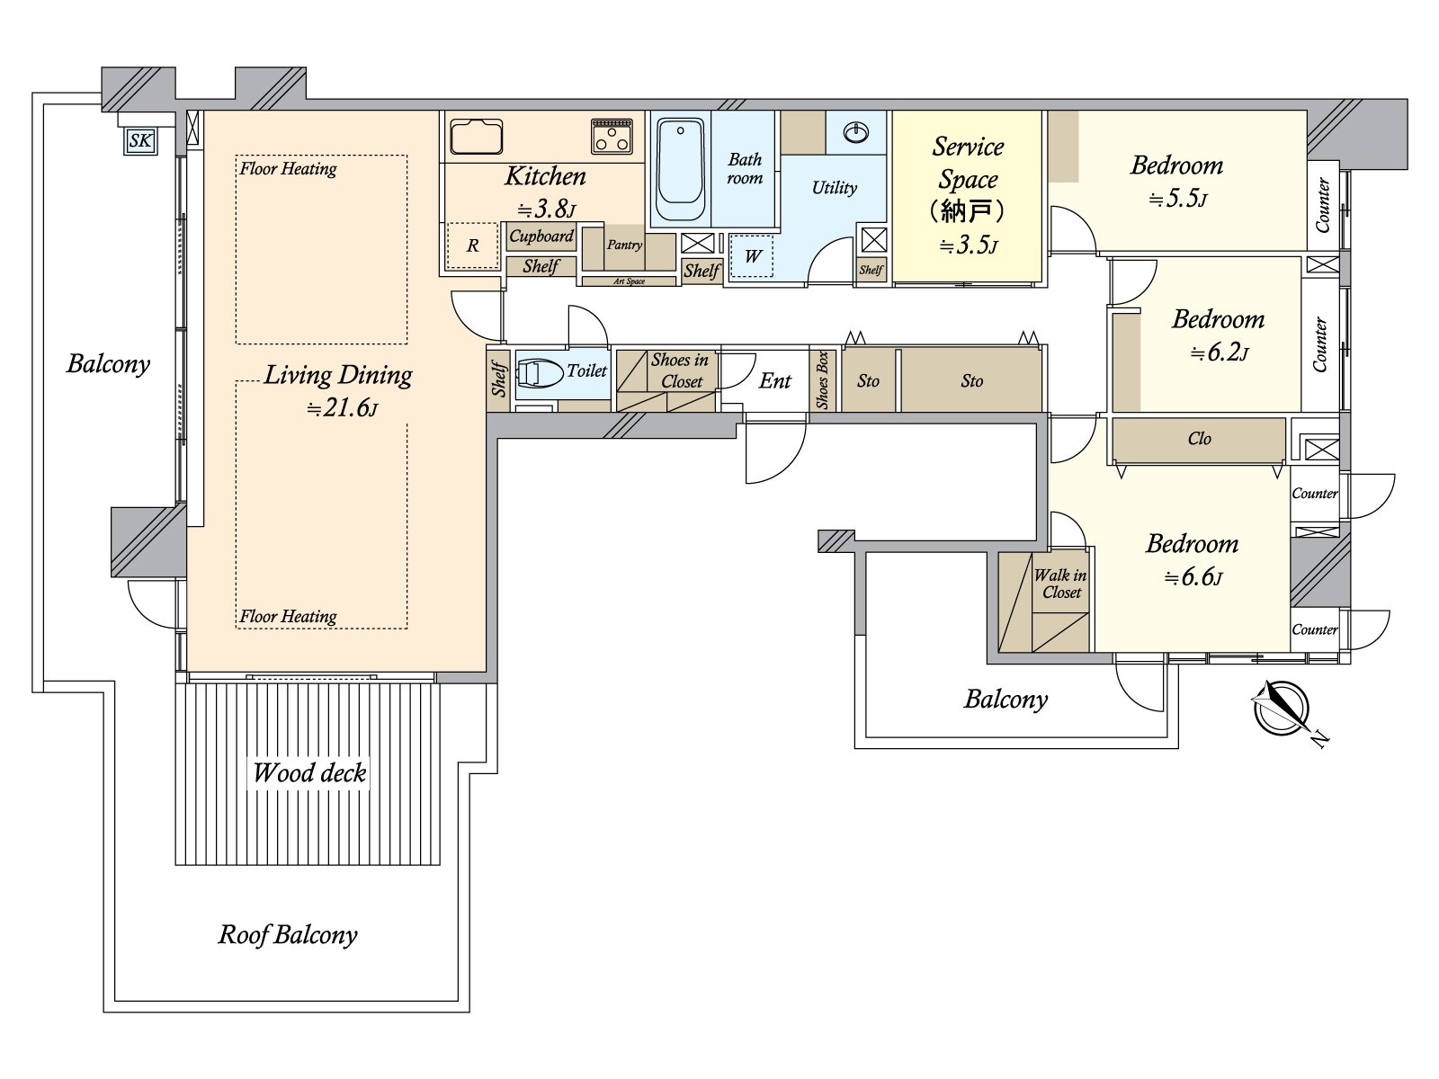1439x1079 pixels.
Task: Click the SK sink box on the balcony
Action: tap(141, 141)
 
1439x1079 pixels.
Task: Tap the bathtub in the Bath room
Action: tap(681, 169)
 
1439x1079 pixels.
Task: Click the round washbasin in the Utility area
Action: tap(856, 133)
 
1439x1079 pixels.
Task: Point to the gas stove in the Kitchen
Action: tap(612, 137)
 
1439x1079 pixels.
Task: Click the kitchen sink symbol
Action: tap(477, 137)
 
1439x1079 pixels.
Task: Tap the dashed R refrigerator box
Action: tap(472, 245)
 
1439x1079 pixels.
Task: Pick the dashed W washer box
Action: tap(751, 255)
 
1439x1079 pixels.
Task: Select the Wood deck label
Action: tap(308, 773)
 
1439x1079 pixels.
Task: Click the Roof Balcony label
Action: tap(288, 935)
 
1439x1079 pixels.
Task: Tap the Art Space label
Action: tap(630, 281)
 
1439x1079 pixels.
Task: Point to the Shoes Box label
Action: tap(823, 380)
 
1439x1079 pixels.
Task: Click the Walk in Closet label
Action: tap(1060, 584)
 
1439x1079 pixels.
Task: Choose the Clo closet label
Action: tap(1199, 438)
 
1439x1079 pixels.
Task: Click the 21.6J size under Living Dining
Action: tap(343, 408)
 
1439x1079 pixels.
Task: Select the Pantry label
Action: tap(624, 245)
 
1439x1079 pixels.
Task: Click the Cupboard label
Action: tap(541, 236)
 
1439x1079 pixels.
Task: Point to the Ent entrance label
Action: tap(775, 380)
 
